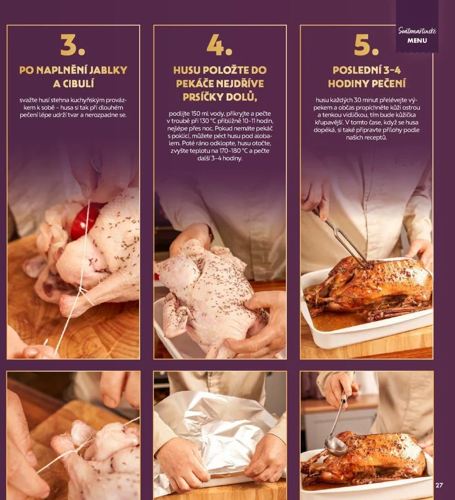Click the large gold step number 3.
coord(73,45)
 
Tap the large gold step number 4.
coord(219,45)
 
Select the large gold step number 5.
coord(366,45)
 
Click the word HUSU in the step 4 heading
coord(187,70)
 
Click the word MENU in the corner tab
coord(417,40)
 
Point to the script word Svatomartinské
coord(417,31)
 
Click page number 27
coord(439,485)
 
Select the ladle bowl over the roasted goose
coord(336,446)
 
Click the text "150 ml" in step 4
coord(199,114)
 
